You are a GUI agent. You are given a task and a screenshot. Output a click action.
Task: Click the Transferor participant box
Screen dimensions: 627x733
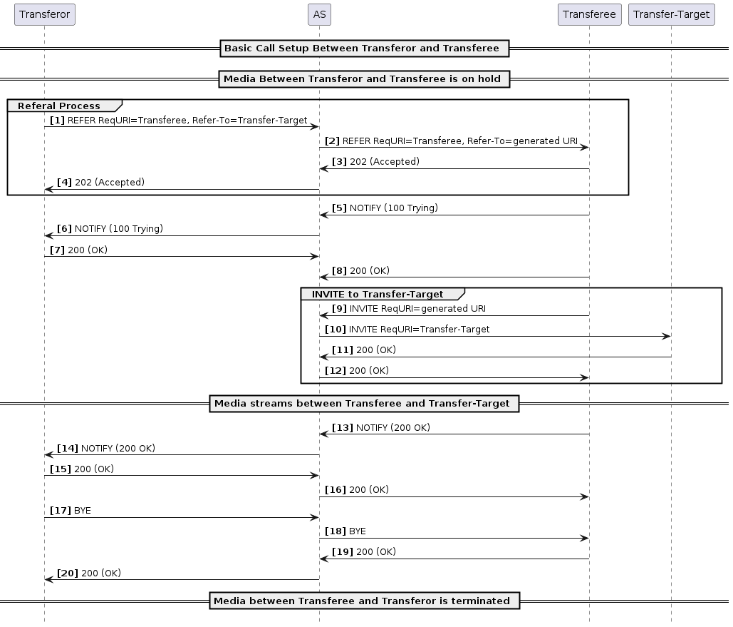tap(44, 14)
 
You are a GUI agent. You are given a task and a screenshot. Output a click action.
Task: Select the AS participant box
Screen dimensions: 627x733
tap(319, 14)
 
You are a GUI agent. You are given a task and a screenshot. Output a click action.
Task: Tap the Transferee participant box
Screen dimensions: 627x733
tap(589, 14)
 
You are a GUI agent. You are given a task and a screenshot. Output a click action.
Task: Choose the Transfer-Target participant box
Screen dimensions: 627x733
tap(671, 14)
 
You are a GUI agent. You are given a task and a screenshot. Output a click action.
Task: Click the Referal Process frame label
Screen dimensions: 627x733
tap(59, 106)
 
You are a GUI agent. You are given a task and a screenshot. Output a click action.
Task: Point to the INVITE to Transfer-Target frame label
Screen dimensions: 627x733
tap(378, 295)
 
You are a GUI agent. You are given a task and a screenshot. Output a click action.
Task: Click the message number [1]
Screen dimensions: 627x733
tap(57, 121)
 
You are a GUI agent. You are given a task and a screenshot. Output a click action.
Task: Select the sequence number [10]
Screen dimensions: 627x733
tap(336, 330)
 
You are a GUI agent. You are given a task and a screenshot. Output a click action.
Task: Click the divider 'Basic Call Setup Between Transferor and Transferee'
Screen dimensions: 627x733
tap(362, 49)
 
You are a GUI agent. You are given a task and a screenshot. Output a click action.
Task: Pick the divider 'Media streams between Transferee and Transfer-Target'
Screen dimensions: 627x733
tap(362, 404)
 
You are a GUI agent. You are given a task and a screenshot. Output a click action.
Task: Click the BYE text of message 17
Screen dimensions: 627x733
tap(83, 511)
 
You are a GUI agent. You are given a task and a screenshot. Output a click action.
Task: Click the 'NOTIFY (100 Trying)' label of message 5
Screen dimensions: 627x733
tap(393, 208)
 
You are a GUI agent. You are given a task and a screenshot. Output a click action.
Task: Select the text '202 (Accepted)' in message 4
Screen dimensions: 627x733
tap(110, 183)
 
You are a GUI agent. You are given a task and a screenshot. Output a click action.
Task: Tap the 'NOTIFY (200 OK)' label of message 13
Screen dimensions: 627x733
tap(393, 428)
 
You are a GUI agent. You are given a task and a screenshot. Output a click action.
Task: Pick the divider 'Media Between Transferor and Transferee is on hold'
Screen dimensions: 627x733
tap(364, 78)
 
